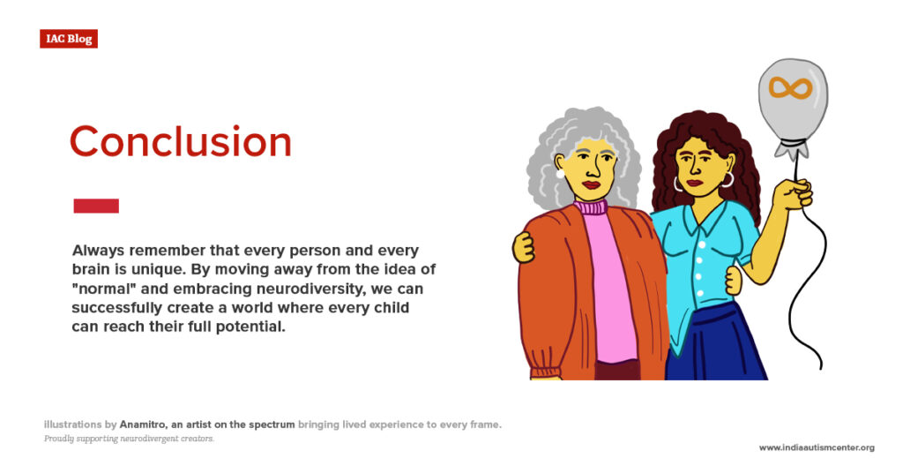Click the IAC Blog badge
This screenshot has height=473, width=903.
coord(68,39)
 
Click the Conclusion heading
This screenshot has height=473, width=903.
coord(180,143)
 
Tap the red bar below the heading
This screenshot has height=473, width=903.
coord(95,206)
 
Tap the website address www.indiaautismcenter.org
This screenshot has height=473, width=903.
coord(817,447)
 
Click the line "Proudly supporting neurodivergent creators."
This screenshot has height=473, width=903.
coord(129,439)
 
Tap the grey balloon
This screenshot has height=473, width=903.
coord(792,101)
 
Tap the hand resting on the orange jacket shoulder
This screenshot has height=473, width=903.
coord(524,246)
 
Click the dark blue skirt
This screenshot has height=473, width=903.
coord(714,344)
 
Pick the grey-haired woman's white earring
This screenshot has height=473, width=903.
coord(560,174)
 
